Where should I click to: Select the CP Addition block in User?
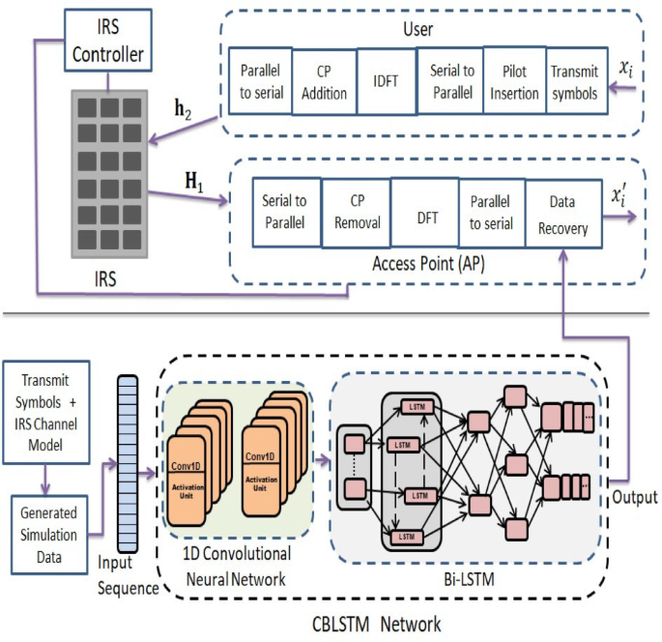pyautogui.click(x=323, y=82)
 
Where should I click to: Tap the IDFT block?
pyautogui.click(x=384, y=82)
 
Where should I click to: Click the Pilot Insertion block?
pyautogui.click(x=513, y=81)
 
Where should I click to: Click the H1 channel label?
pyautogui.click(x=197, y=180)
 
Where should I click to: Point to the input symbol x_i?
pyautogui.click(x=629, y=70)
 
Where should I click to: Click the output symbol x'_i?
pyautogui.click(x=621, y=198)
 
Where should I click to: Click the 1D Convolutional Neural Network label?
pyautogui.click(x=237, y=569)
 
